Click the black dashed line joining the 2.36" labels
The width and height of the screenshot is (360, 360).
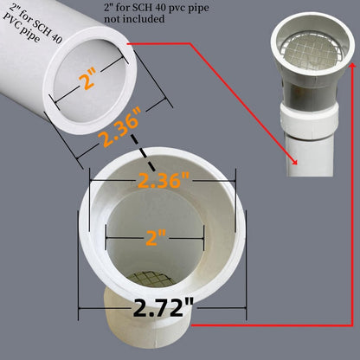click(x=144, y=162)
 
